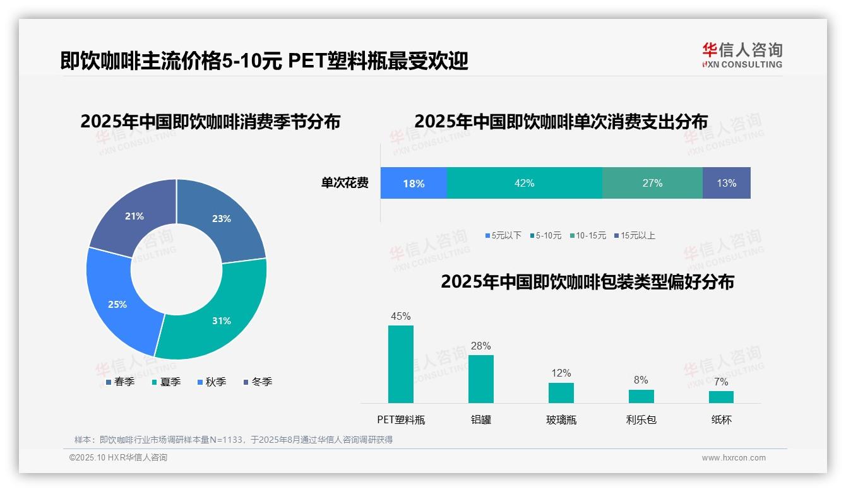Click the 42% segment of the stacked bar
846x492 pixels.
click(524, 183)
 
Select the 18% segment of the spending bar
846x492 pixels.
click(414, 183)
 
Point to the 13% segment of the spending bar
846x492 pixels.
click(726, 183)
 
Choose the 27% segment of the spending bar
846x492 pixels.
click(652, 183)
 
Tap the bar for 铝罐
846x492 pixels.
click(481, 379)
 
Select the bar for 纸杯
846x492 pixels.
click(721, 397)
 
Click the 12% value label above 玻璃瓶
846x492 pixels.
click(561, 373)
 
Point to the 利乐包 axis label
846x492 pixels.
click(641, 419)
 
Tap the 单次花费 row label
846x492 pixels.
click(345, 183)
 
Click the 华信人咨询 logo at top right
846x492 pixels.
click(742, 55)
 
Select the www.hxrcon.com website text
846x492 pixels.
click(734, 458)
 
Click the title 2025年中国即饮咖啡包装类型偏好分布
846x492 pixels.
click(587, 281)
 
